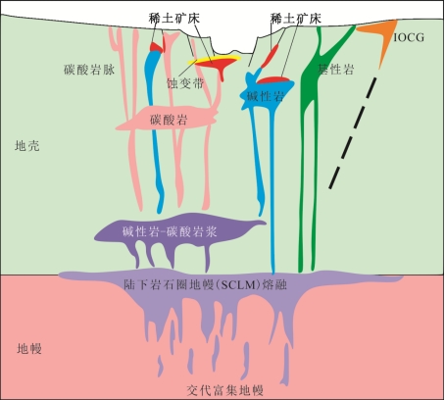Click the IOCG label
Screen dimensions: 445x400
point(409,37)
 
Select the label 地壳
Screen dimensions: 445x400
point(27,146)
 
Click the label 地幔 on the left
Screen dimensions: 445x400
point(29,349)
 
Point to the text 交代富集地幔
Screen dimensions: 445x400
point(225,390)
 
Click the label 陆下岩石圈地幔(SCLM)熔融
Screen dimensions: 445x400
point(206,285)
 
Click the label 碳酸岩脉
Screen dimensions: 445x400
point(89,70)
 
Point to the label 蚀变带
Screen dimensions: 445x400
point(185,83)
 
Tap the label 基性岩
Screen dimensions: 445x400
point(336,70)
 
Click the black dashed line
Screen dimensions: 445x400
point(353,133)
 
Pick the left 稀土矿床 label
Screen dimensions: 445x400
point(173,19)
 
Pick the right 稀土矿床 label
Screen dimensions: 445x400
point(296,19)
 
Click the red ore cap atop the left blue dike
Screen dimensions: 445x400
point(158,47)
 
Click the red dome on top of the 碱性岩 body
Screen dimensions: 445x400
point(272,80)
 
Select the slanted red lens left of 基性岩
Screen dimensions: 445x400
point(270,56)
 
